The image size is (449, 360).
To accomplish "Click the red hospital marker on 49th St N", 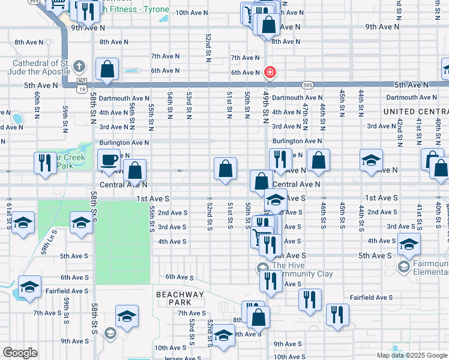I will pos(270,73).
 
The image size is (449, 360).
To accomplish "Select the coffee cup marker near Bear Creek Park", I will pos(109,160).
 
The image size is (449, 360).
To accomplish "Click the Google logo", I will pos(20,352).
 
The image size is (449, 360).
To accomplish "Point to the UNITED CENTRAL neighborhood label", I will pos(415,112).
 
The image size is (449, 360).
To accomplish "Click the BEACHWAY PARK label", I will pos(179,298).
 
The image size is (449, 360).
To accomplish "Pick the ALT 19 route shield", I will pos(82,85).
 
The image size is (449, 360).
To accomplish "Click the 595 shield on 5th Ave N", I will pos(307,85).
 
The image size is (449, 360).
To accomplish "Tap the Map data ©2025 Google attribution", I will pos(411,355).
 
